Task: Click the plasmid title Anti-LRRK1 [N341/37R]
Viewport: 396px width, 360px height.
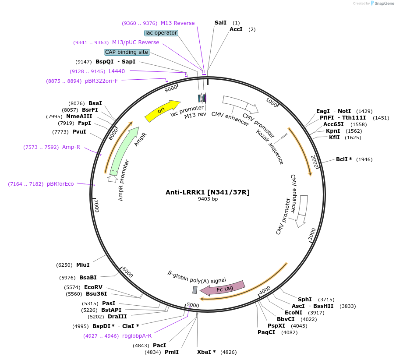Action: pos(208,192)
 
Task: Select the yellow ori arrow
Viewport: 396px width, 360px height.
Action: pos(162,111)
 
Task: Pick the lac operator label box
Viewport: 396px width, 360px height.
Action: pos(161,33)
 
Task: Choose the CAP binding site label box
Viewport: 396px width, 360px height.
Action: pos(127,52)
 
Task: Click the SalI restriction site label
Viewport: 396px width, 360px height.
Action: pos(220,23)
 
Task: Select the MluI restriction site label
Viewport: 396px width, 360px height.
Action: pos(83,265)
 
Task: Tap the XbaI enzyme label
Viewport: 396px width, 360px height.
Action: pos(206,352)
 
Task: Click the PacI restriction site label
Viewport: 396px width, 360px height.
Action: pos(159,346)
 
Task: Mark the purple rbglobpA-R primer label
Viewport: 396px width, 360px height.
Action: pos(137,336)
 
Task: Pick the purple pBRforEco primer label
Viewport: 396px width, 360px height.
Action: pos(60,184)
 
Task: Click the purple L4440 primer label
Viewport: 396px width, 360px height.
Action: pos(117,71)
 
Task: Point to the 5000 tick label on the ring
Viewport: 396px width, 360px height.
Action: pos(193,305)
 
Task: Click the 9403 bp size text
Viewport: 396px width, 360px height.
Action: pos(208,199)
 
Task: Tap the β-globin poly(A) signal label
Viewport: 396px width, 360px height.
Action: pos(197,277)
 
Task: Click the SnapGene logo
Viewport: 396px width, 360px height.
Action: pos(382,4)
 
